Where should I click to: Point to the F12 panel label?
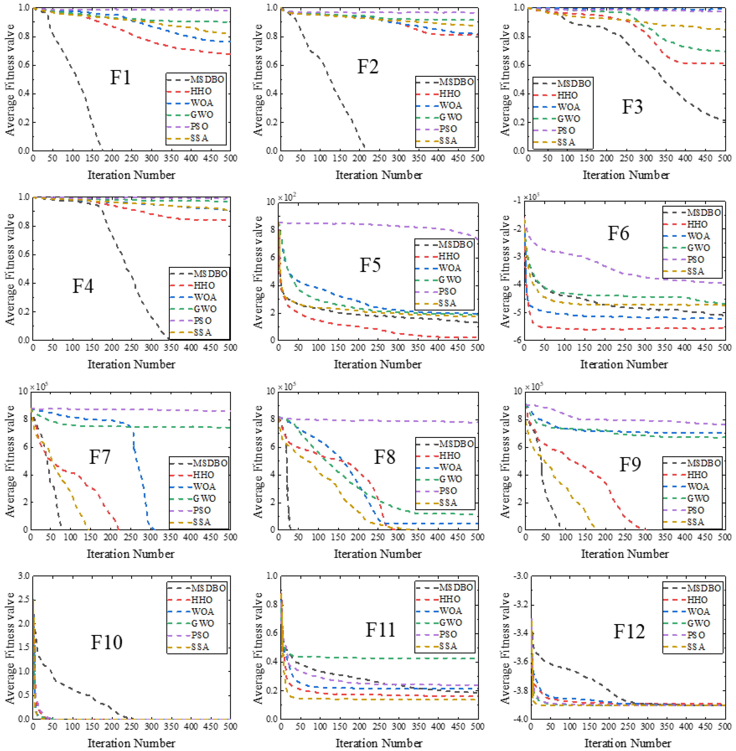coord(629,632)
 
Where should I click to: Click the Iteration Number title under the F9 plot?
coord(625,554)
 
